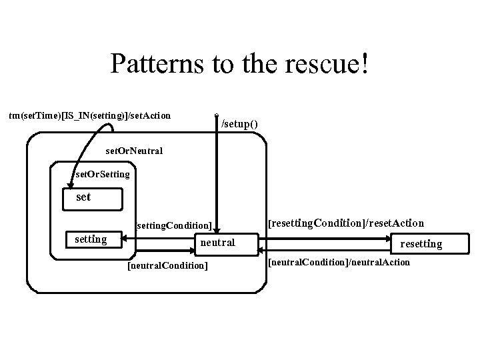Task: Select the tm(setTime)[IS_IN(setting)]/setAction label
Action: click(x=90, y=116)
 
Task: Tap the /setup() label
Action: click(x=239, y=125)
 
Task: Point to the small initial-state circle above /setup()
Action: click(x=217, y=115)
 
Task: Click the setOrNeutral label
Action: click(x=134, y=151)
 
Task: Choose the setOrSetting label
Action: click(x=103, y=175)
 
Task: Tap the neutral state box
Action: click(x=217, y=243)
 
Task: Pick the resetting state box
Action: click(x=421, y=244)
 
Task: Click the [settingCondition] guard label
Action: click(x=173, y=225)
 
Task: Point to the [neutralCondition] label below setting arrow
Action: click(x=167, y=267)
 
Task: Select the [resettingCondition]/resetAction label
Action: click(x=345, y=223)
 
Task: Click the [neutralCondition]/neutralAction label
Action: click(x=339, y=263)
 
